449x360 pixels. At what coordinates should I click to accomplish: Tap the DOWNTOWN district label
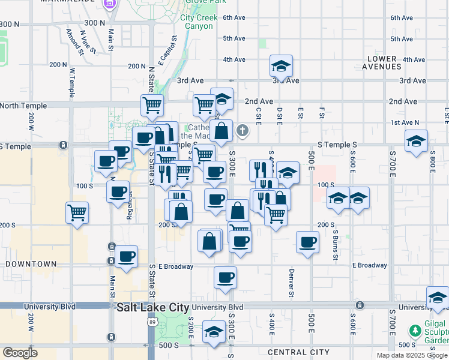pos(31,264)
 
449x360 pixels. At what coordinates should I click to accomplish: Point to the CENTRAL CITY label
pos(298,352)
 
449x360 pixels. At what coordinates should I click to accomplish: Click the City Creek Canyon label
pos(197,22)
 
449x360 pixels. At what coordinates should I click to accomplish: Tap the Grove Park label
pos(200,2)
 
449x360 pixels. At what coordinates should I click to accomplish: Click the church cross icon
pos(243,130)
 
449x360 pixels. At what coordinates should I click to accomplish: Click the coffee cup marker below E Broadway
pos(225,277)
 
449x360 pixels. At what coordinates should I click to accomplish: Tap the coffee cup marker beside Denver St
pos(308,242)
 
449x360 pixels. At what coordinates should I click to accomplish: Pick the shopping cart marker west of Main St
pos(77,212)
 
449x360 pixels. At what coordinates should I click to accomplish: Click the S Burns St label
pos(336,240)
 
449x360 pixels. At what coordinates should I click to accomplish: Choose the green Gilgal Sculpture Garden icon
pos(415,331)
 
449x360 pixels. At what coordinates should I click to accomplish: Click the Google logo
pos(20,353)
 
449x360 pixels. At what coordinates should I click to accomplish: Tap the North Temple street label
pos(23,106)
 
